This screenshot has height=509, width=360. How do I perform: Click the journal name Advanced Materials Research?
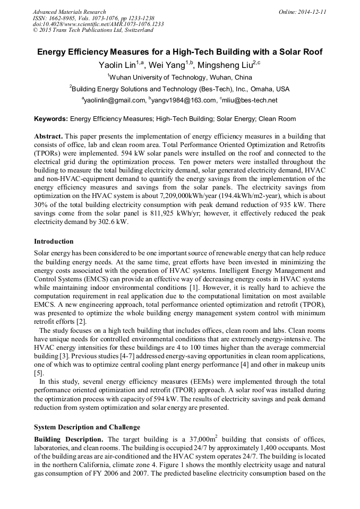click(69, 12)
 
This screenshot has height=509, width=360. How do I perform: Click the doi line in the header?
click(98, 24)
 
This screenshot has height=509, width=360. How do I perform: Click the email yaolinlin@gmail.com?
click(115, 100)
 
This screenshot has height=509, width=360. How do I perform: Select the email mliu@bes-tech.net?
click(249, 100)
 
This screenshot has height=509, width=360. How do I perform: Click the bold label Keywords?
click(51, 119)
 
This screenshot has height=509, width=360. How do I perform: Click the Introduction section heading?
click(54, 241)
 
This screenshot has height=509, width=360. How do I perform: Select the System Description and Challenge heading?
click(87, 427)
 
